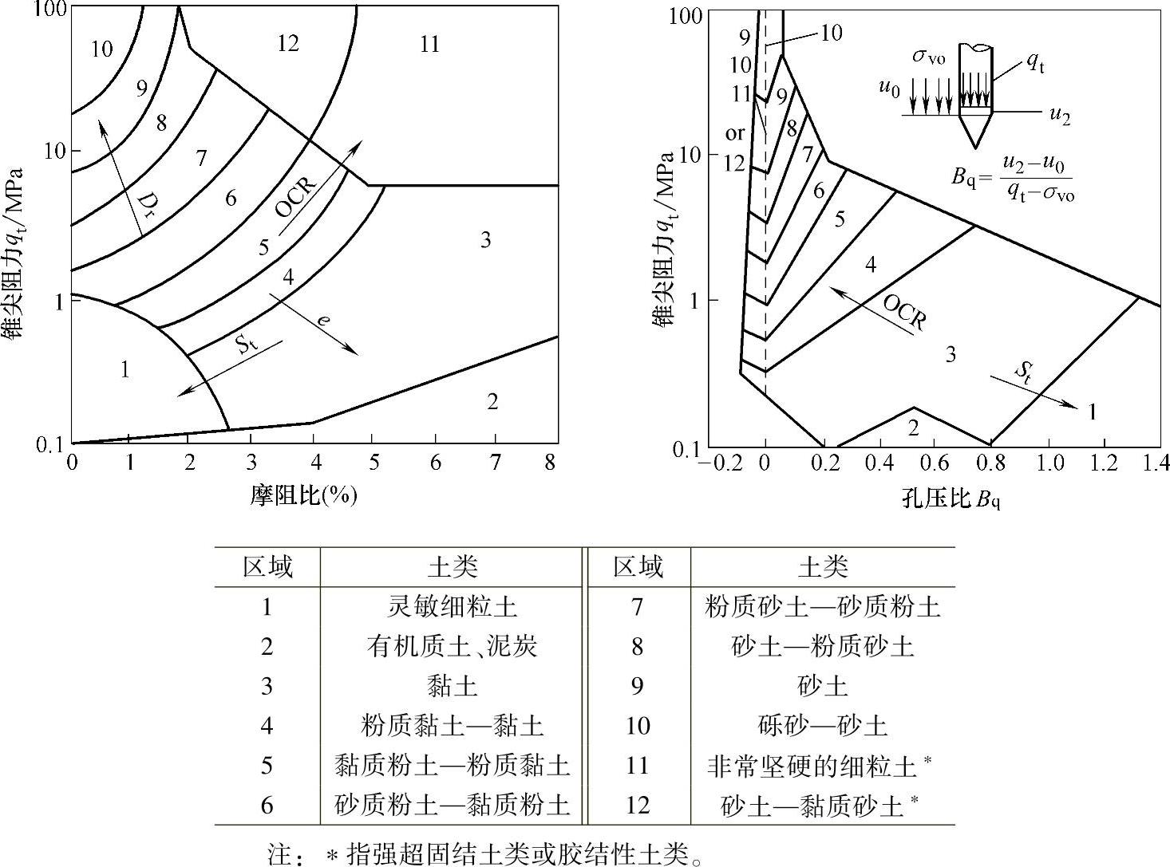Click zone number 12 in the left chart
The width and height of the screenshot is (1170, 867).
click(287, 43)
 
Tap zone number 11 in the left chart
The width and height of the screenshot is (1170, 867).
click(429, 44)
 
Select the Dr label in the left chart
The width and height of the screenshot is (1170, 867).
click(145, 205)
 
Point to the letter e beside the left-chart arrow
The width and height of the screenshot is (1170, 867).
click(322, 320)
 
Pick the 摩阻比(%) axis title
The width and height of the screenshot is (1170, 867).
click(303, 496)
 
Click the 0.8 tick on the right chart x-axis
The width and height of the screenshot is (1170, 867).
click(990, 463)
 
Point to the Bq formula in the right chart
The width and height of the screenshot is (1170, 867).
click(1012, 178)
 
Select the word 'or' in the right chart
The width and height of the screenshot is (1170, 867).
click(734, 133)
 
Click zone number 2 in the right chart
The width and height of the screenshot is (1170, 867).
click(913, 428)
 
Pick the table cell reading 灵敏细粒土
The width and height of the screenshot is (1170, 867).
click(452, 607)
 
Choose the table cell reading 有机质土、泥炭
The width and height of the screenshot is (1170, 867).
click(452, 646)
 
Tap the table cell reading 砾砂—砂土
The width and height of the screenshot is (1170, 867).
click(822, 726)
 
